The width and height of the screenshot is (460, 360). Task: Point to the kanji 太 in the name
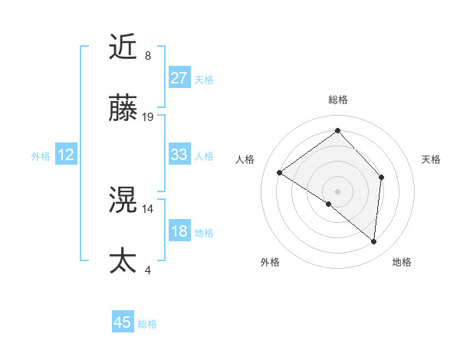pyautogui.click(x=124, y=260)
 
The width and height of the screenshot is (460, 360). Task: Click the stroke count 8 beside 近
pyautogui.click(x=148, y=56)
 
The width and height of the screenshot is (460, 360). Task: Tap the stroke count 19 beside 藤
pyautogui.click(x=148, y=116)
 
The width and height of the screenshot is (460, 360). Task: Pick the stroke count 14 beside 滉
pyautogui.click(x=148, y=208)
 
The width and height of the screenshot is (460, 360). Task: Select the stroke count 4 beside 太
pyautogui.click(x=148, y=269)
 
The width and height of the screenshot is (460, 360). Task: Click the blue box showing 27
pyautogui.click(x=179, y=78)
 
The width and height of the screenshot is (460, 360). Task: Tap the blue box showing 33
pyautogui.click(x=179, y=155)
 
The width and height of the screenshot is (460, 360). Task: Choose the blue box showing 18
pyautogui.click(x=179, y=231)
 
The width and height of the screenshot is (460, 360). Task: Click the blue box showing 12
pyautogui.click(x=66, y=155)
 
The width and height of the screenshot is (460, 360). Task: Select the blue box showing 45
pyautogui.click(x=123, y=322)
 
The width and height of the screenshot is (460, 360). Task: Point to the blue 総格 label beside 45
pyautogui.click(x=147, y=324)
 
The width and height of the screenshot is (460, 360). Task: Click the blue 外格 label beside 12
pyautogui.click(x=41, y=156)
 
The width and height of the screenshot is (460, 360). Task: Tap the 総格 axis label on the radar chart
pyautogui.click(x=337, y=100)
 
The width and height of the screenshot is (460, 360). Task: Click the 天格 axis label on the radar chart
pyautogui.click(x=431, y=159)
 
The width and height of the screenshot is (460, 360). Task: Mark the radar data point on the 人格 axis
pyautogui.click(x=280, y=173)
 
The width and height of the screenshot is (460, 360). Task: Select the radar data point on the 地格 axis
pyautogui.click(x=373, y=241)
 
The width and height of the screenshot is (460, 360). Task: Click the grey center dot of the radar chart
pyautogui.click(x=337, y=191)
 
